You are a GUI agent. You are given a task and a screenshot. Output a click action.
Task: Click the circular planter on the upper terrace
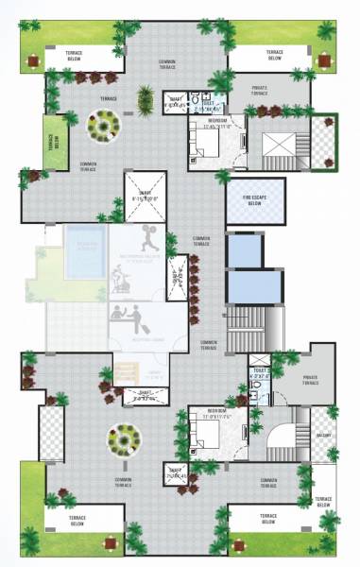click(103, 123)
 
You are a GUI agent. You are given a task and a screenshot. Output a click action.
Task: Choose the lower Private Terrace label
click(309, 381)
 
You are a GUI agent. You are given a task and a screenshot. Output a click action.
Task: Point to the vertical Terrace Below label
click(53, 142)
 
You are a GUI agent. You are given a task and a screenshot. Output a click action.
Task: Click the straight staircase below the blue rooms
click(249, 330)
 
